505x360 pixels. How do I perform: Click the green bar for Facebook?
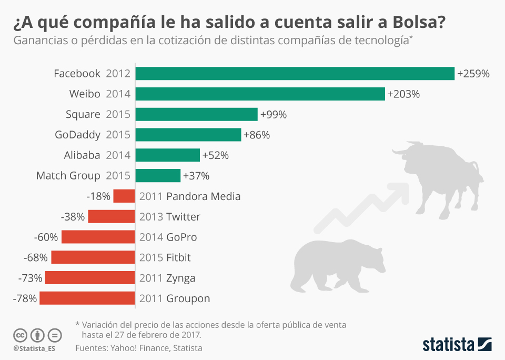295,74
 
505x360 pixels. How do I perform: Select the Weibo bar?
260,94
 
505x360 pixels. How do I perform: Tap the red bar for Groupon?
87,298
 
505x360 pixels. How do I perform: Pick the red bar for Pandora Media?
124,196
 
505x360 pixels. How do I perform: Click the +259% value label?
473,74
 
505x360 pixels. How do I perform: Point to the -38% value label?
73,217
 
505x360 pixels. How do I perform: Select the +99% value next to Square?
274,115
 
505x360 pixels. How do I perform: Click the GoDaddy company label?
78,135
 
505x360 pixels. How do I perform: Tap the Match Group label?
68,176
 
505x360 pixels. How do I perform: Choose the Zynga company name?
180,278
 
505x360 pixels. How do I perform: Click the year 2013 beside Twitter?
151,217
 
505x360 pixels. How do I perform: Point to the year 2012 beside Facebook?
118,74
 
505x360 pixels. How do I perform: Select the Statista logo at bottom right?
457,345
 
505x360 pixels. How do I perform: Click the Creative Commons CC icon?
20,335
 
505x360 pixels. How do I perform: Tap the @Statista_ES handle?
34,349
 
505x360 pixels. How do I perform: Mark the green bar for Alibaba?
167,155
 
